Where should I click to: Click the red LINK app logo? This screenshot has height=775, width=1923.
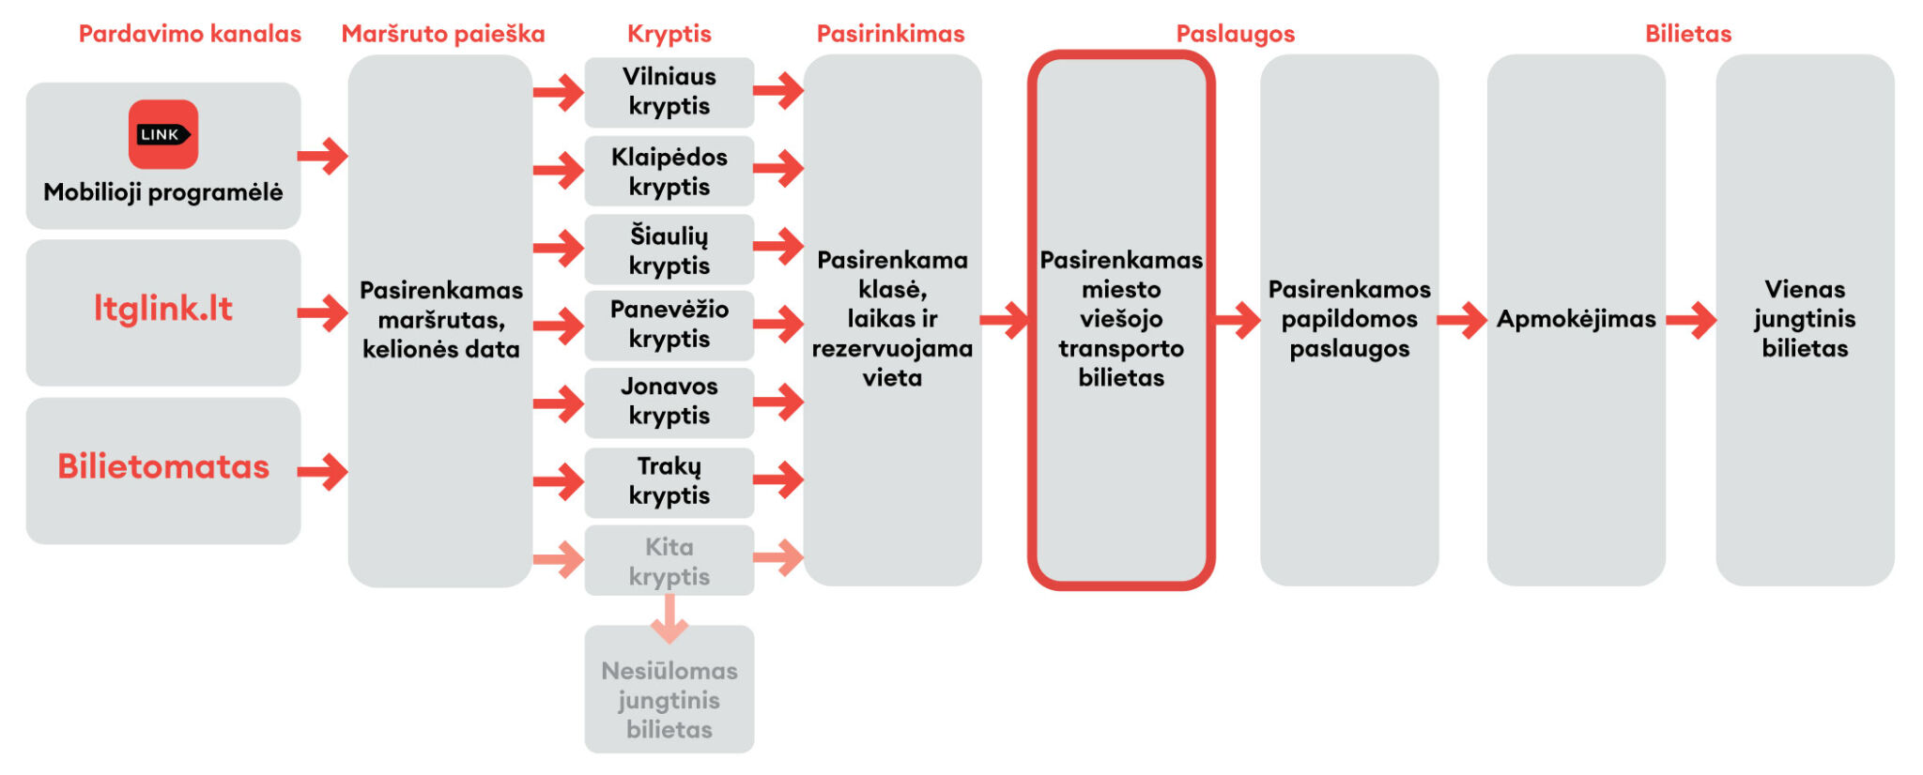pyautogui.click(x=162, y=134)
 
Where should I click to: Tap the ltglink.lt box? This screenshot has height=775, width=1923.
pyautogui.click(x=163, y=312)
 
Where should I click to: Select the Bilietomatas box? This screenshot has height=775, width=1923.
pyautogui.click(x=163, y=469)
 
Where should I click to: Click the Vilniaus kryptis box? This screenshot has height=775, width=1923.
pyautogui.click(x=669, y=92)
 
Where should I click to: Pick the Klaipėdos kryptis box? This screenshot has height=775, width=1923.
pyautogui.click(x=669, y=171)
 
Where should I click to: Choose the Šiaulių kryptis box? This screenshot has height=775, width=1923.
pyautogui.click(x=669, y=250)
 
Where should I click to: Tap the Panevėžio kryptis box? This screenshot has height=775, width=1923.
pyautogui.click(x=669, y=325)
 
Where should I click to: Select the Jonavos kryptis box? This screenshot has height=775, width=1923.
pyautogui.click(x=669, y=402)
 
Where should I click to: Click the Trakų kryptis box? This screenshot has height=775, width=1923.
pyautogui.click(x=669, y=481)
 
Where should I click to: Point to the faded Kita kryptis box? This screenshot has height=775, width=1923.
pyautogui.click(x=669, y=561)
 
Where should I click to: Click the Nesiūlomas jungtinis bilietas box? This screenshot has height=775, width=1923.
pyautogui.click(x=669, y=699)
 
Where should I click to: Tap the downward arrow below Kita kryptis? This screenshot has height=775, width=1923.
pyautogui.click(x=669, y=619)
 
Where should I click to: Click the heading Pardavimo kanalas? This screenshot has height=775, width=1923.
pyautogui.click(x=190, y=34)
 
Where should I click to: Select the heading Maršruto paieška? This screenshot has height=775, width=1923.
pyautogui.click(x=442, y=34)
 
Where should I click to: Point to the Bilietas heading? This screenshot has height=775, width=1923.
pyautogui.click(x=1687, y=34)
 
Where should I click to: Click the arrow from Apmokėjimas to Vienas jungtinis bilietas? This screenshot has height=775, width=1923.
pyautogui.click(x=1691, y=320)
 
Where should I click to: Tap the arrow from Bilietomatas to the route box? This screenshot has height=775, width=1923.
pyautogui.click(x=323, y=471)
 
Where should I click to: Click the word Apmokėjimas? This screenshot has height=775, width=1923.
pyautogui.click(x=1576, y=320)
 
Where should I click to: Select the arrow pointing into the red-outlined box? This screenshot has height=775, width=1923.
pyautogui.click(x=1005, y=320)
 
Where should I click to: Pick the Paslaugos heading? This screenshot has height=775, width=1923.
pyautogui.click(x=1235, y=34)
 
